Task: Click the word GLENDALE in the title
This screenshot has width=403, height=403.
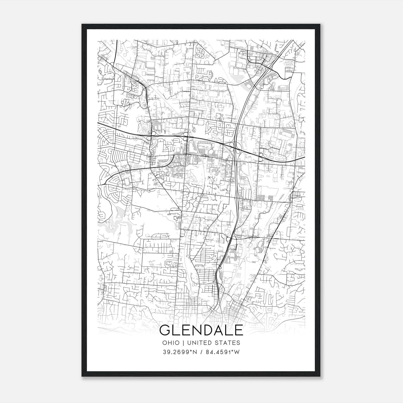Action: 201,330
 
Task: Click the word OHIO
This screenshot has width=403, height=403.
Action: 171,343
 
